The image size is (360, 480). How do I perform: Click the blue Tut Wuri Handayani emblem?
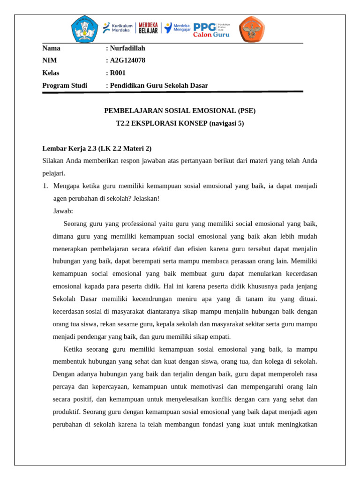click(85, 29)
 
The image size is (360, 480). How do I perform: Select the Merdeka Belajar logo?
click(148, 28)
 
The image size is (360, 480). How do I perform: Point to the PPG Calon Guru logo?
click(211, 29)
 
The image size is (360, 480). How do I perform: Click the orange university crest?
click(254, 29)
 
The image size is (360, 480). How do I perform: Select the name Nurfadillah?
click(127, 48)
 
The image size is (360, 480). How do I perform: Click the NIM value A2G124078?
click(127, 60)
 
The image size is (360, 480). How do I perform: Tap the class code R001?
click(118, 73)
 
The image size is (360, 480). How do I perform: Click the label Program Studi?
click(65, 85)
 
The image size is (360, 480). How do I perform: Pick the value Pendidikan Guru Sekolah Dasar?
click(159, 85)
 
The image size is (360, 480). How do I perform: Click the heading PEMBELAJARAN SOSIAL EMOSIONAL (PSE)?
click(180, 111)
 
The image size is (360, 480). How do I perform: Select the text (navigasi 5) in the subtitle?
click(226, 123)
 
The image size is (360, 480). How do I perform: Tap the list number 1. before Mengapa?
click(45, 186)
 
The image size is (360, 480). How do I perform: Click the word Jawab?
click(63, 211)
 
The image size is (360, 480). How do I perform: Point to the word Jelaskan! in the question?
click(146, 198)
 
